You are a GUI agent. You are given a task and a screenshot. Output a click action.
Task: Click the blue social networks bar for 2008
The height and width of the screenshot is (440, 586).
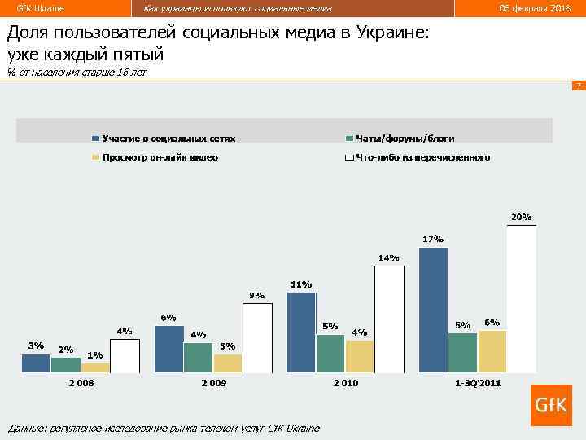click(x=36, y=363)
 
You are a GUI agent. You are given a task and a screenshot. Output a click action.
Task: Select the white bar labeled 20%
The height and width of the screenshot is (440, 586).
click(x=522, y=299)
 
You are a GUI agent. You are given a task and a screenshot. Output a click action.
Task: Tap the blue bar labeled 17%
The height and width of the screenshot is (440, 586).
click(x=433, y=310)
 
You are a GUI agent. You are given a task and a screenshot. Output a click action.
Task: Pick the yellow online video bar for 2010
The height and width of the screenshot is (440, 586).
click(x=359, y=356)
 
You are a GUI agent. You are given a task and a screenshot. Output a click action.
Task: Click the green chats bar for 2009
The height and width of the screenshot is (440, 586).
click(x=198, y=357)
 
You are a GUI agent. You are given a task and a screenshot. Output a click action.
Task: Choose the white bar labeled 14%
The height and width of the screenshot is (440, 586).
click(x=389, y=319)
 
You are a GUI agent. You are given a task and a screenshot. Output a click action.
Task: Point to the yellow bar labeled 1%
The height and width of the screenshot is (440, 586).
click(x=95, y=367)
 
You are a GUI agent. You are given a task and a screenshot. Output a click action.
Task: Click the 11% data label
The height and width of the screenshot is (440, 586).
click(x=301, y=284)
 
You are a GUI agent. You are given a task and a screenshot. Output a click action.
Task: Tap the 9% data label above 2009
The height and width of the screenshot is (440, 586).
click(x=256, y=295)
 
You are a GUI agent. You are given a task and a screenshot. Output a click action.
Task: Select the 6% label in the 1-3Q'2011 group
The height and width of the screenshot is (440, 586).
click(x=492, y=322)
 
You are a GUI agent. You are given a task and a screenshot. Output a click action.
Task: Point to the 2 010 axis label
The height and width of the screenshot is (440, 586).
click(x=345, y=383)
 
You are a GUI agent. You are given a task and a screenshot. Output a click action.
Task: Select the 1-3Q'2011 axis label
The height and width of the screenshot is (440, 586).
click(x=478, y=383)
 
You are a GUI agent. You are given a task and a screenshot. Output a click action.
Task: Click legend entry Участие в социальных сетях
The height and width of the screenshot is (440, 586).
click(x=168, y=139)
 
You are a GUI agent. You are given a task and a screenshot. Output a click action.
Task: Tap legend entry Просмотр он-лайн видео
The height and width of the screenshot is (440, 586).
click(x=160, y=157)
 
